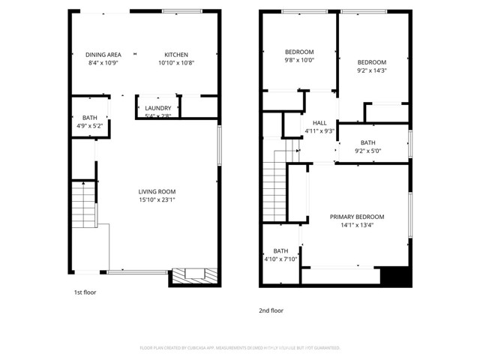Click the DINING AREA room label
point(103,55)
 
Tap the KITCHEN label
point(176,55)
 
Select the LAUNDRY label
point(158,108)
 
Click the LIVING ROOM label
point(157,191)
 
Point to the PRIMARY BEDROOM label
point(357,217)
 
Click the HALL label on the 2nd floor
point(319,122)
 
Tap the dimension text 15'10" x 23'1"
point(157,199)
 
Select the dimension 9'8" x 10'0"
point(299,60)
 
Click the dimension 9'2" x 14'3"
point(371,70)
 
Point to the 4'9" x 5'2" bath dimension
point(90,126)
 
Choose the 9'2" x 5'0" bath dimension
point(367,151)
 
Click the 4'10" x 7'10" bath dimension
point(280,259)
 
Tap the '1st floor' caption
point(85,292)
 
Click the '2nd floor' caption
point(271,310)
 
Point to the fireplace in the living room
point(196,275)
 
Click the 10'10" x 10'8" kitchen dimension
point(176,63)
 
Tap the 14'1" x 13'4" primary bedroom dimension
point(357,225)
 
